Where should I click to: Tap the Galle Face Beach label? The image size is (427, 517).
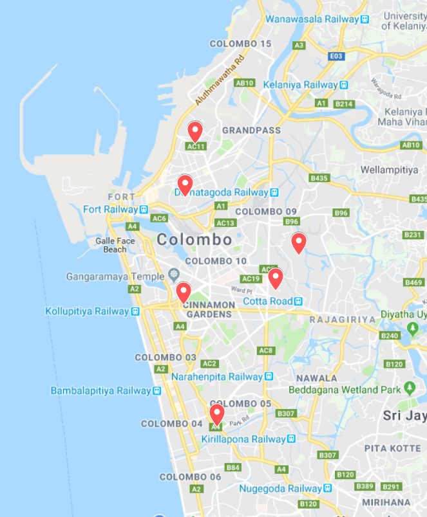[115, 245]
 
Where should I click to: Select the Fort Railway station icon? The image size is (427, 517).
[144, 209]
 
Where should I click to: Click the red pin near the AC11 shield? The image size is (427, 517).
[195, 131]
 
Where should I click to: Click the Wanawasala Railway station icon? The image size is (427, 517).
[365, 19]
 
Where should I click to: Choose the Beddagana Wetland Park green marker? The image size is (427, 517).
[410, 388]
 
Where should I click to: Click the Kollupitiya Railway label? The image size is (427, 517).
[87, 311]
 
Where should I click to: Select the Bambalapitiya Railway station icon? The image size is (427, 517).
[157, 391]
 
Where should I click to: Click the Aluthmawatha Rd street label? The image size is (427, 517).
[221, 79]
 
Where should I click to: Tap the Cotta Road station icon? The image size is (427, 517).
[299, 302]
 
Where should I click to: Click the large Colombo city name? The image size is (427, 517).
[194, 240]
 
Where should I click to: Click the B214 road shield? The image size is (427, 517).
[345, 104]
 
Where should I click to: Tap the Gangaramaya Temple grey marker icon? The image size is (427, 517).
[173, 275]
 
